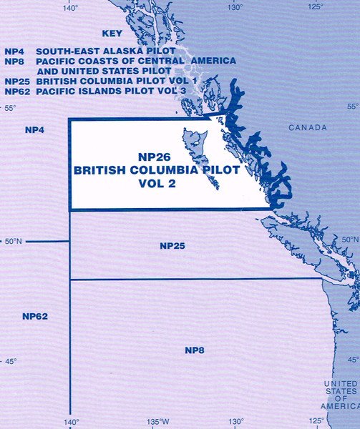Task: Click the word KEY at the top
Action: pos(113,34)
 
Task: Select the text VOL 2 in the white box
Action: pos(156,183)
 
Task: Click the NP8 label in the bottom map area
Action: pos(195,350)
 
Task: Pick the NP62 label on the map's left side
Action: pos(34,315)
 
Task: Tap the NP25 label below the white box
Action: pos(172,246)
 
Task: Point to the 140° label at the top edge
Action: pos(70,7)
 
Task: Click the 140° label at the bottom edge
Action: pos(70,421)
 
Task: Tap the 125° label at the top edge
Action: pos(316,7)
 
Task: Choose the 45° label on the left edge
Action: pos(10,361)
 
